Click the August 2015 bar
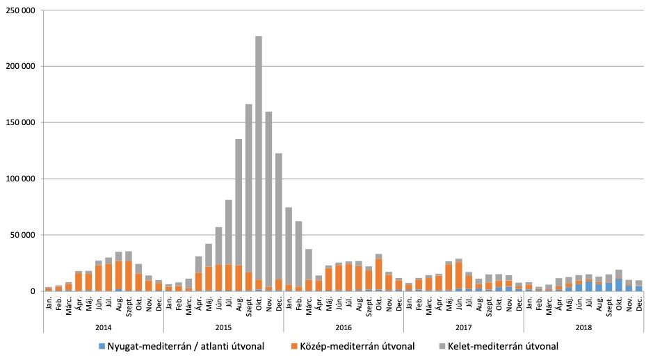pos(239,208)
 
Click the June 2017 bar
pos(459,275)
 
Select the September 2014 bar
pos(129,272)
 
